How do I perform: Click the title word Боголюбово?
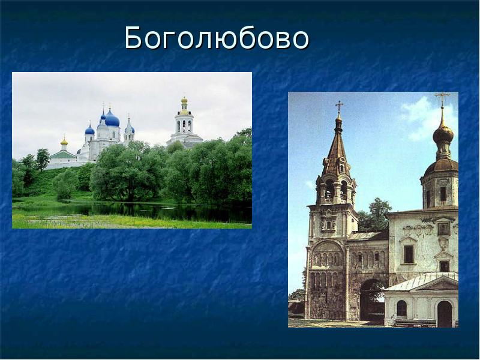click(217, 38)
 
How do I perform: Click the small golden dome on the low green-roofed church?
click(64, 142)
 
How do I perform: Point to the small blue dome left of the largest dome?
click(89, 130)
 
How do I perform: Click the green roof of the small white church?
click(62, 154)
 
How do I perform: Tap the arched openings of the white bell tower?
click(184, 126)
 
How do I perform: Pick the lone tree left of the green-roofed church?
click(43, 158)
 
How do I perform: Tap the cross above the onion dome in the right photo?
click(442, 98)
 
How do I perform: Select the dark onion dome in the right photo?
click(443, 134)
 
